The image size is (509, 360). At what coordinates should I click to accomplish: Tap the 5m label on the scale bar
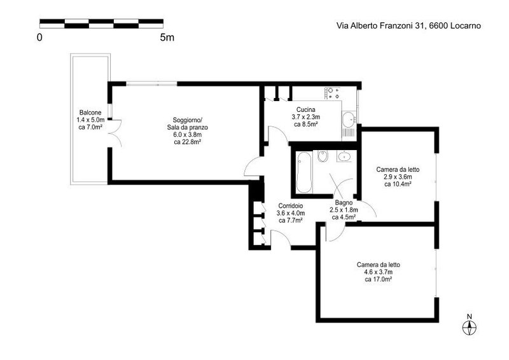pos(167,38)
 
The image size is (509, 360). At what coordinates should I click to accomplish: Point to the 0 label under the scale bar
pos(39,38)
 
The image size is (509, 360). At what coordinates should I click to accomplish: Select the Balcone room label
pos(90,113)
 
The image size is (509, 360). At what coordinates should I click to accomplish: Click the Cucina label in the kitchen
pos(306,110)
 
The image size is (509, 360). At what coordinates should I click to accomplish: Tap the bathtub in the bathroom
pos(304,172)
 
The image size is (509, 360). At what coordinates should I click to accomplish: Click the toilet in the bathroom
pos(323,156)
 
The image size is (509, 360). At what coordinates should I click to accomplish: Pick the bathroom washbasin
pos(344,156)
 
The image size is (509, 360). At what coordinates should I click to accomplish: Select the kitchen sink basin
pos(349,120)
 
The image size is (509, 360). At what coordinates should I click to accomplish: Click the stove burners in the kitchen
pos(331,93)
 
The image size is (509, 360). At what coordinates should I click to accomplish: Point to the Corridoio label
pos(291,206)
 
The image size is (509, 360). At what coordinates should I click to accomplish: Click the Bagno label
pos(344,203)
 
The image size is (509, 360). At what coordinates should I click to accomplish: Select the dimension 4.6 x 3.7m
pos(379,272)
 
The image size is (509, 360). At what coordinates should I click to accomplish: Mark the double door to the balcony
pos(115,133)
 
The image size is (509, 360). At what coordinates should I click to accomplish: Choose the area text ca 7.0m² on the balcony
pos(90,127)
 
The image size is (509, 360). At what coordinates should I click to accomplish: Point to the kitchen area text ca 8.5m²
pos(306,124)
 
